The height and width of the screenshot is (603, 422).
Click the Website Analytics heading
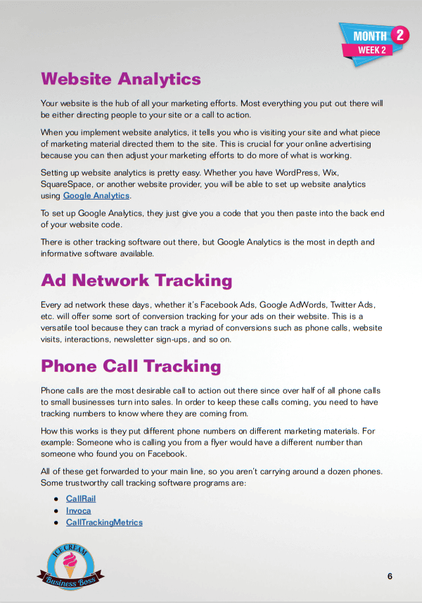pos(121,79)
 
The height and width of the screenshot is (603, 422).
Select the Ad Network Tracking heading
pos(136,280)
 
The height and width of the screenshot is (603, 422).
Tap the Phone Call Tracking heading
pos(131,366)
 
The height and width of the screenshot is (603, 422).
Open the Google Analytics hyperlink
pos(96,196)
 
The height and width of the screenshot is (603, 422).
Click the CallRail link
pos(80,498)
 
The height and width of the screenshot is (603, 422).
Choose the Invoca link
pos(78,510)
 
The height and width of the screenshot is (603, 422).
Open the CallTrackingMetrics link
pos(104,522)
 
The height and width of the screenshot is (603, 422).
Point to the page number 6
pos(390,576)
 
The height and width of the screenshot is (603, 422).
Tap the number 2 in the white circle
pos(399,34)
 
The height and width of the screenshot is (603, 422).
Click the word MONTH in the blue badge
pos(369,37)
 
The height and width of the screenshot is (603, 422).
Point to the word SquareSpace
pos(68,184)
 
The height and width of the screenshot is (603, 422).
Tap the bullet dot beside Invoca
pos(56,511)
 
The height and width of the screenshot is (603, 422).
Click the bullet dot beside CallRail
pos(56,499)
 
